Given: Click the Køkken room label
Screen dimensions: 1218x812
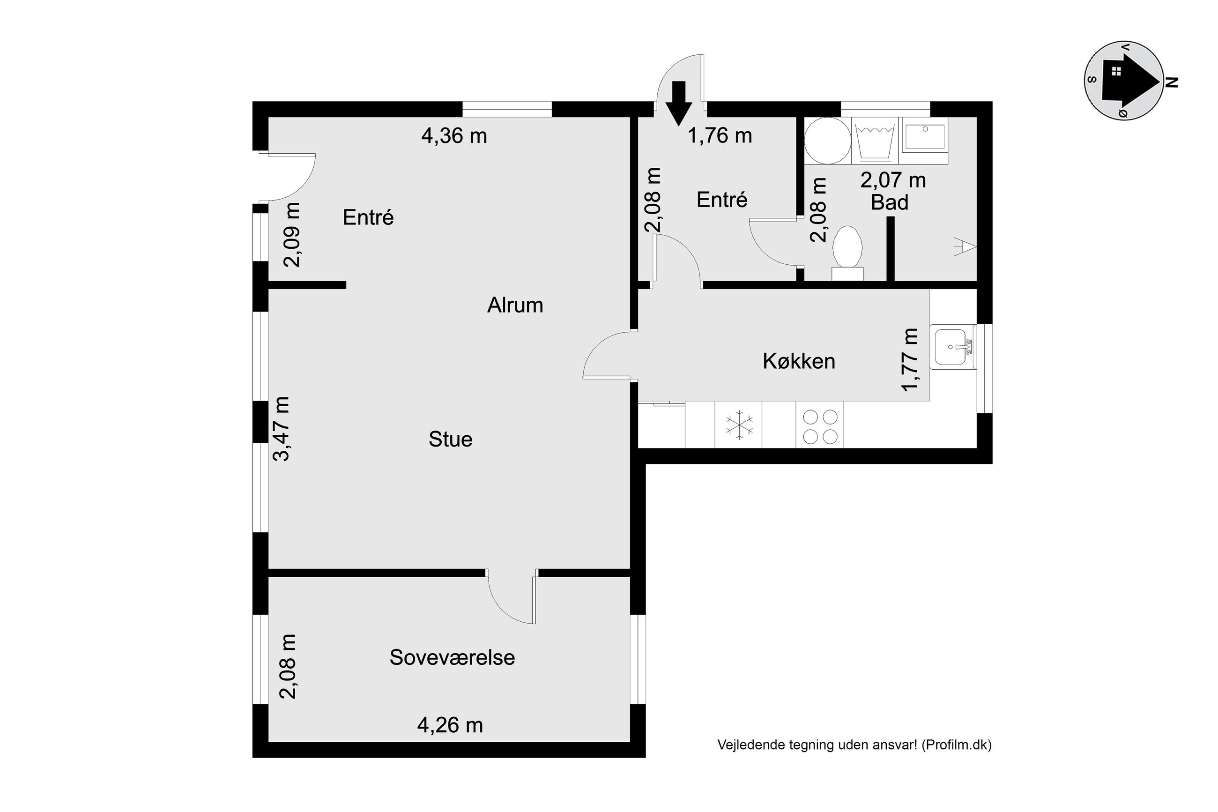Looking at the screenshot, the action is click(799, 361).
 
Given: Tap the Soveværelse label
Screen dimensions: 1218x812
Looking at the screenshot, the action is click(452, 658).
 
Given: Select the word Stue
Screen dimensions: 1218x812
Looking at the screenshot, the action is click(450, 440).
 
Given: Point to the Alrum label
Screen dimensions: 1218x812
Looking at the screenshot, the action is click(515, 305).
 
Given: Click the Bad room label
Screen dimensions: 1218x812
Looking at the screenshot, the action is click(889, 202).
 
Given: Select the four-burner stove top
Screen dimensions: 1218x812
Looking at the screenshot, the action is click(819, 424).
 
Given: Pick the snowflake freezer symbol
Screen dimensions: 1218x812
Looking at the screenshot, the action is click(739, 425).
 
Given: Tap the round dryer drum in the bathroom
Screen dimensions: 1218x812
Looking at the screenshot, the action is click(828, 142).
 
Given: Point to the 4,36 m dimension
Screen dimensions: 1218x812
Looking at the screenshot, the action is click(454, 136).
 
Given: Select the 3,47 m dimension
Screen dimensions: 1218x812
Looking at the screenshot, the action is click(282, 429).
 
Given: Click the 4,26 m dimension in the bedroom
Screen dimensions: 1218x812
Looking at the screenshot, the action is click(450, 725).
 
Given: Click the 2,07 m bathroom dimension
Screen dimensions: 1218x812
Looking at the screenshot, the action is click(893, 180).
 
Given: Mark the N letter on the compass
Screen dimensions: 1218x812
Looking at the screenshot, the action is click(1172, 82).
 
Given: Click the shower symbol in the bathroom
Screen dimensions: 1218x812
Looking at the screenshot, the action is click(965, 246).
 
